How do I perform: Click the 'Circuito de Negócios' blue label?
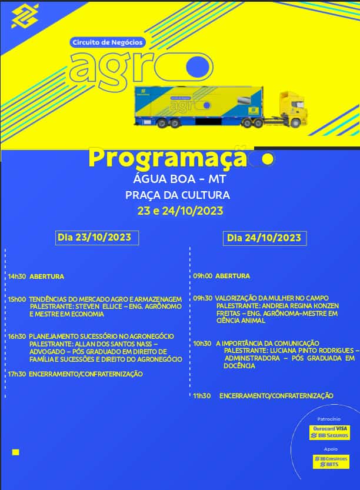pos(98,43)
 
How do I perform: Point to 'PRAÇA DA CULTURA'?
pos(178,195)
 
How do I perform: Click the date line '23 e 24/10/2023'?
pos(180,210)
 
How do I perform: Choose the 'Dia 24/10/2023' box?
pos(264,238)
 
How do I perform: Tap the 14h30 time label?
pos(16,276)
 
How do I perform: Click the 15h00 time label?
pos(16,299)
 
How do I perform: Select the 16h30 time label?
pos(16,336)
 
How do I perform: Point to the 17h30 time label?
pos(16,374)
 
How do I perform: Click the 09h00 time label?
pos(202,276)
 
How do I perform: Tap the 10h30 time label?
pos(202,343)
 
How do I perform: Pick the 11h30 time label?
pos(202,396)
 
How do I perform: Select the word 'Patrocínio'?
pos(329,419)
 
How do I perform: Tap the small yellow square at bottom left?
pos(16,452)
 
